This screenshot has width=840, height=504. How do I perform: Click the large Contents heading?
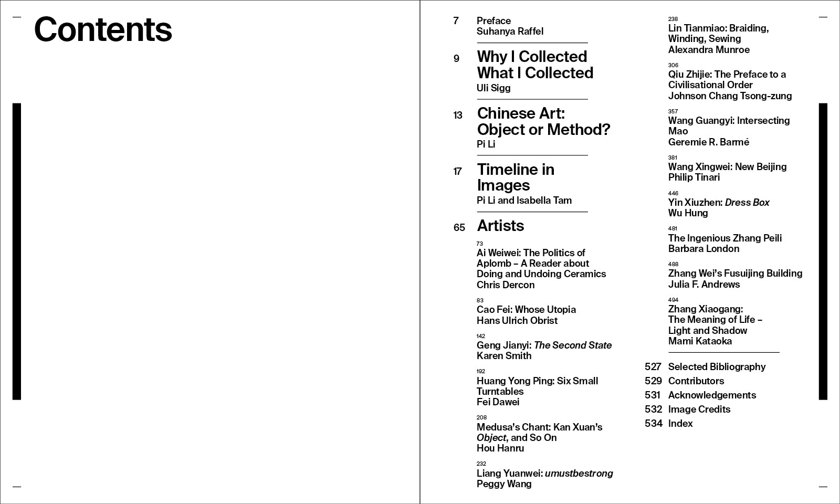103,29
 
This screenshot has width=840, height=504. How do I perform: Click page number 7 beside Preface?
456,21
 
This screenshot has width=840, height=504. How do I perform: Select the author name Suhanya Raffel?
510,31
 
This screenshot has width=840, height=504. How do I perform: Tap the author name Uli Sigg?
493,88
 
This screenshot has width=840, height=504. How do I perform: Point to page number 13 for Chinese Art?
458,115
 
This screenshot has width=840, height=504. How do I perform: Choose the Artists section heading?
500,226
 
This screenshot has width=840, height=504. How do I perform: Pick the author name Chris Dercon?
505,285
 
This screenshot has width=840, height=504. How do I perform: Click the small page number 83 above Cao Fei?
480,301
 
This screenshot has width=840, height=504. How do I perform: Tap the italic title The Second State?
572,345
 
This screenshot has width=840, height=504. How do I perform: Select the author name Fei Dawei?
498,402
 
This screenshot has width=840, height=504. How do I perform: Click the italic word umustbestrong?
579,474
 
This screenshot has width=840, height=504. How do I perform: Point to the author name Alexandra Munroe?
709,50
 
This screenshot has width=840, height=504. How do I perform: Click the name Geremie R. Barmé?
708,142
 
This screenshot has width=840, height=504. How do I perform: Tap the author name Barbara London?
703,249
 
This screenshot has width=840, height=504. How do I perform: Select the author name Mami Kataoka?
699,341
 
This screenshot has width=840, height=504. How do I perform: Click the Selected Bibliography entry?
717,367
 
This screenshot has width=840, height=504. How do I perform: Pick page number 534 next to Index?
653,424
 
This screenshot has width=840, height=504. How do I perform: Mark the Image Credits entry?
699,409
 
